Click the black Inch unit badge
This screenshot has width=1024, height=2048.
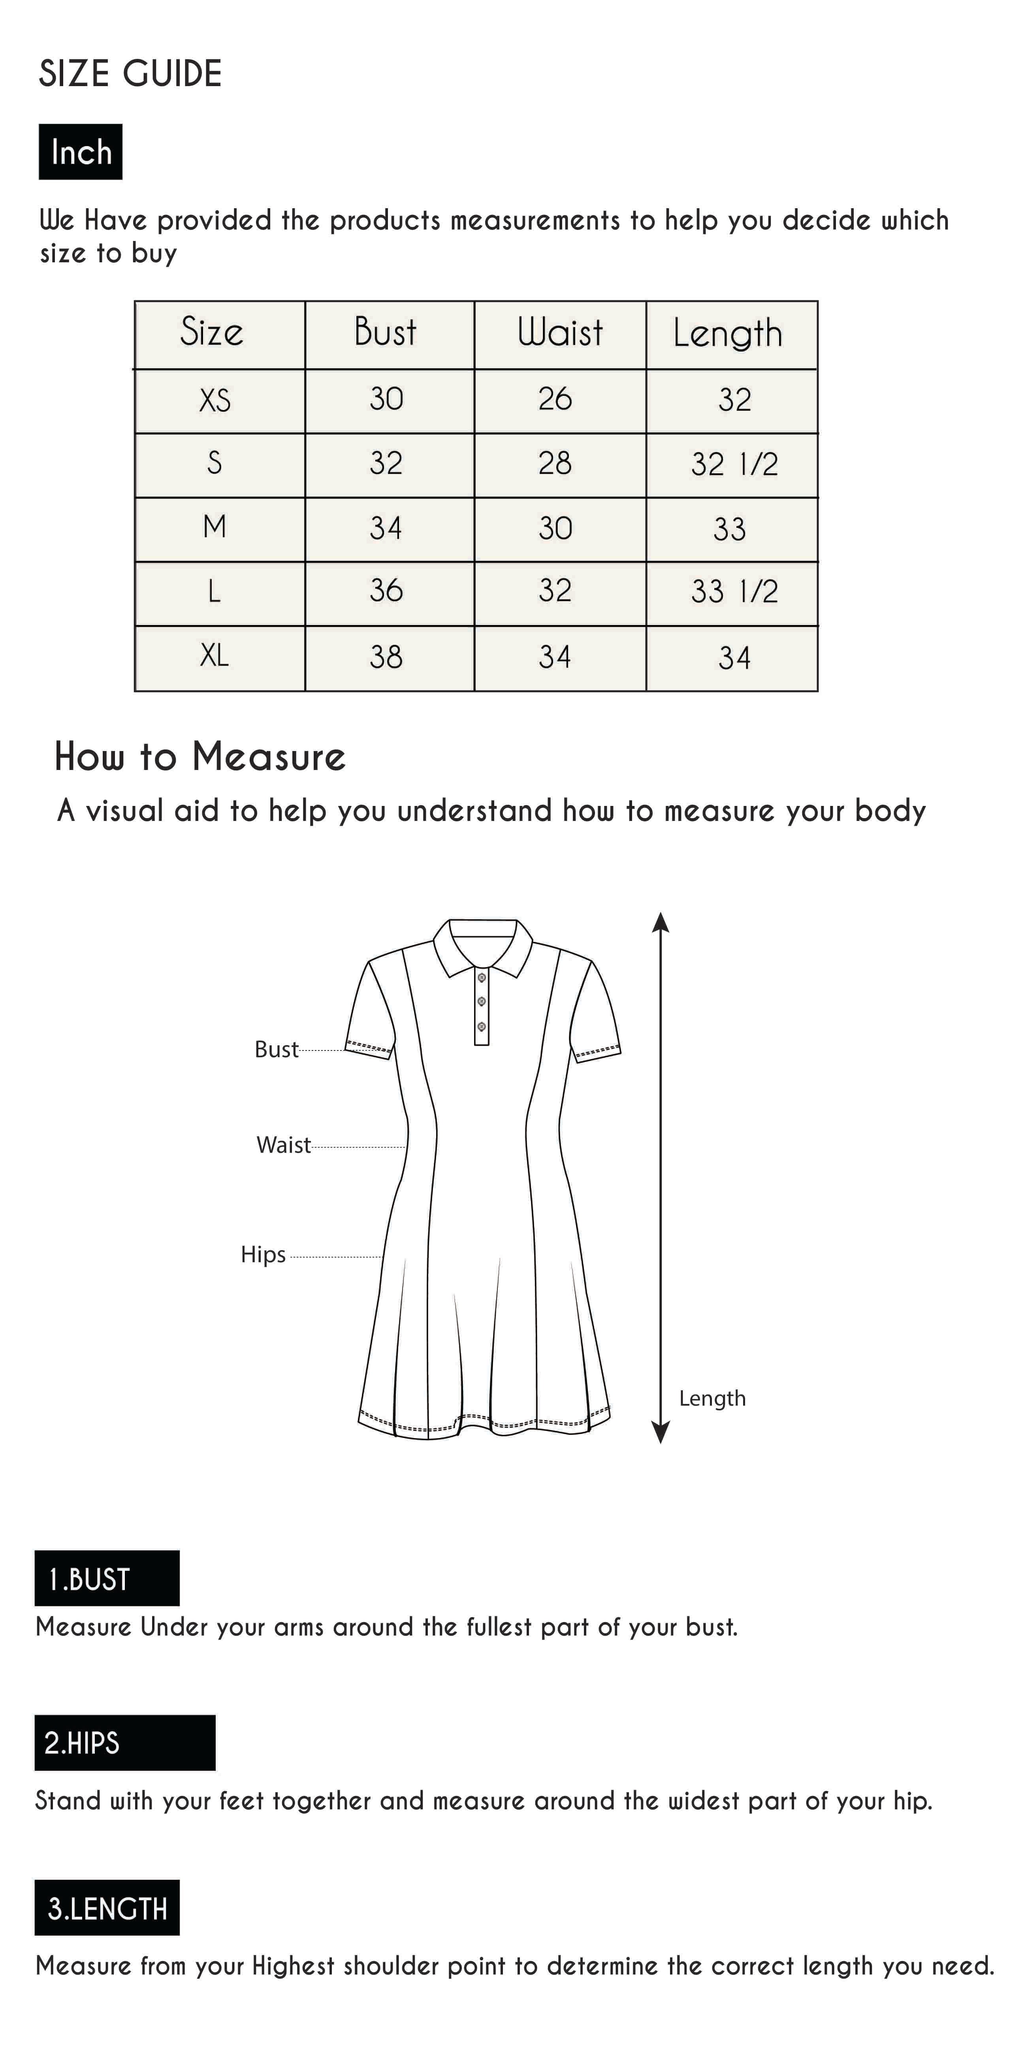pyautogui.click(x=80, y=152)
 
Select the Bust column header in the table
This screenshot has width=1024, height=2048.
pyautogui.click(x=386, y=332)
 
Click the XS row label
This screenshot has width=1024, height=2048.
pyautogui.click(x=215, y=400)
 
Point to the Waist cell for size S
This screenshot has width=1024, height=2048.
pyautogui.click(x=555, y=463)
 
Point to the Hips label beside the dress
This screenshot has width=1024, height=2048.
pyautogui.click(x=263, y=1255)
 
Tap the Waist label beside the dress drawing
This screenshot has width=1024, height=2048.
pyautogui.click(x=283, y=1145)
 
